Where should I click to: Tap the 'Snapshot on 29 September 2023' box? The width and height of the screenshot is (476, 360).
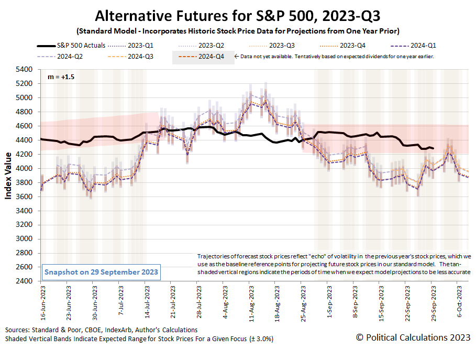(x=101, y=272)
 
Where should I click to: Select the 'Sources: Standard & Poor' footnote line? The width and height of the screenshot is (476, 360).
(x=102, y=330)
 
